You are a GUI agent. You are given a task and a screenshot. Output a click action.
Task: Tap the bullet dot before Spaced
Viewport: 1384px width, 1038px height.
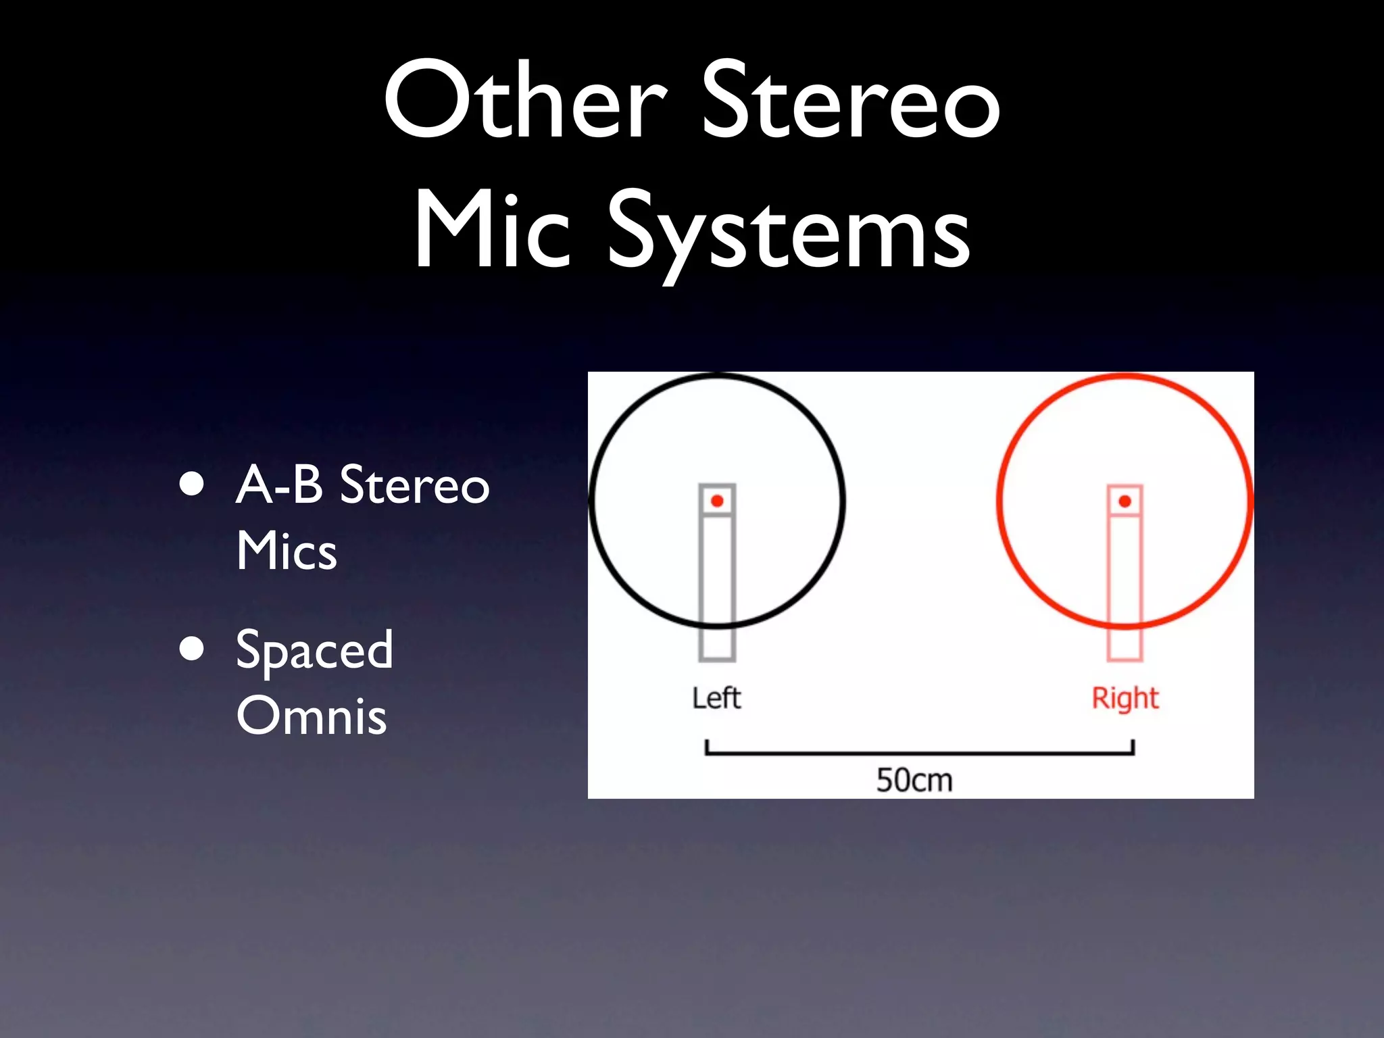(x=193, y=649)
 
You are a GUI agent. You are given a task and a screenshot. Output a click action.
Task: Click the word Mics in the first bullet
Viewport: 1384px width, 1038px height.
(x=287, y=551)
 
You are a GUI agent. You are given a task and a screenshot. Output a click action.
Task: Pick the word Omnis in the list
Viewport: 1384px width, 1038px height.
(x=312, y=716)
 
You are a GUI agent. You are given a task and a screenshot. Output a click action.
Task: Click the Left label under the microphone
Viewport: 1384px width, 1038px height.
(x=716, y=698)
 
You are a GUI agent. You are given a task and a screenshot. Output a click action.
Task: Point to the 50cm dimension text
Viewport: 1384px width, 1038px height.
(x=914, y=781)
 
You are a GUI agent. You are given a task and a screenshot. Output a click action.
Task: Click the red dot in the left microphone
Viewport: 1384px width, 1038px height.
(x=717, y=501)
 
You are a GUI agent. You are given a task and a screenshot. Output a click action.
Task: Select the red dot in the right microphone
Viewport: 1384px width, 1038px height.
(x=1125, y=501)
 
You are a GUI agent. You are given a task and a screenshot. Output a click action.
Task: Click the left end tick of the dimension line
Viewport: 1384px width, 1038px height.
(x=707, y=747)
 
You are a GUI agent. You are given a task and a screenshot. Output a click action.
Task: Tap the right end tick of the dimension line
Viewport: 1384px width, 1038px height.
(x=1133, y=747)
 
